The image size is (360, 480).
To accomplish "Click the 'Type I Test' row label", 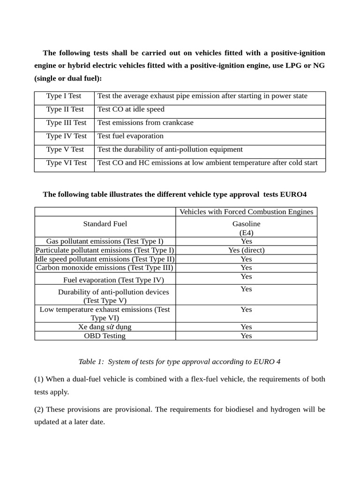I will click(64, 96).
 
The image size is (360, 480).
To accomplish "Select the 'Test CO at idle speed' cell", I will click(131, 109).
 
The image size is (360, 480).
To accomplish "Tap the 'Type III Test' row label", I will click(66, 123).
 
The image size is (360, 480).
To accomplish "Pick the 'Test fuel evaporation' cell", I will click(130, 136).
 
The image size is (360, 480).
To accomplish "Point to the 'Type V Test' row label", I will click(65, 150).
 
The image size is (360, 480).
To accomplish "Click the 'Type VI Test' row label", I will click(66, 163).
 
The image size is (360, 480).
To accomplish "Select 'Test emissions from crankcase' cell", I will click(145, 123).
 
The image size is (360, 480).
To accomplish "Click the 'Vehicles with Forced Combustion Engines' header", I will click(246, 212).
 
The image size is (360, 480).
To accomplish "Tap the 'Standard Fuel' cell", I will click(105, 224).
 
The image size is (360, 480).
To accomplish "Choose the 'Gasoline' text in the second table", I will click(246, 224).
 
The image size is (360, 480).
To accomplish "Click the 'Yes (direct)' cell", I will click(246, 250).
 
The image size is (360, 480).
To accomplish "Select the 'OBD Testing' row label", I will click(105, 336).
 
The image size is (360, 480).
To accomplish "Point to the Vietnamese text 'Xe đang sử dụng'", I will click(105, 327).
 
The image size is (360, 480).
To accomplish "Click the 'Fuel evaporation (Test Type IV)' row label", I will click(113, 280).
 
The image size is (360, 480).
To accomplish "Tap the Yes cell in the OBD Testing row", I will click(246, 336).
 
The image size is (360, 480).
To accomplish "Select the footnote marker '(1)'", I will click(39, 379).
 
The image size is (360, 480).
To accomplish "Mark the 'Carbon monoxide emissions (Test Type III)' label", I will click(105, 268).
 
